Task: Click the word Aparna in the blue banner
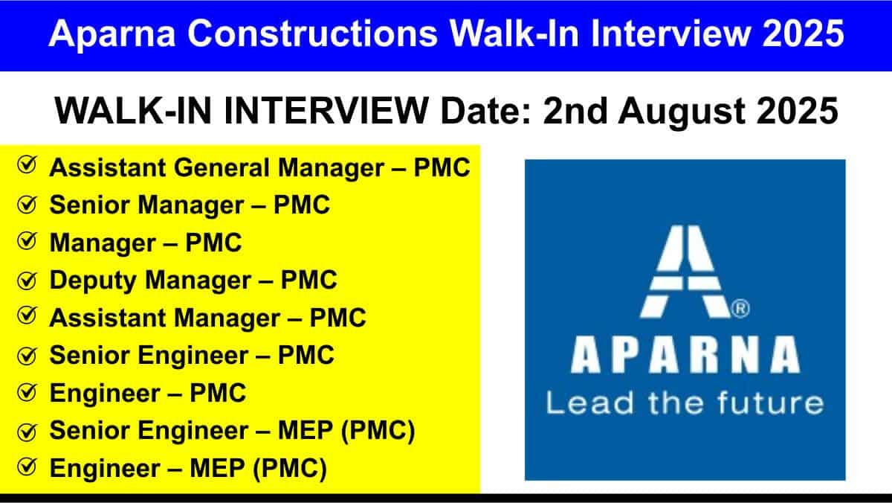112,35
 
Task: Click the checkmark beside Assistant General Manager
27,164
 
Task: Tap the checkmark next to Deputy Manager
27,281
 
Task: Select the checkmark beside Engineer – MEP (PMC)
27,467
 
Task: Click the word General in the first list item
222,167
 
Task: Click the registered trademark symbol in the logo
740,309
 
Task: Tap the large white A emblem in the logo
685,272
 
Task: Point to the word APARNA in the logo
685,355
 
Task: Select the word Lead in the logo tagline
590,403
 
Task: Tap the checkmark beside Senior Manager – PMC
27,205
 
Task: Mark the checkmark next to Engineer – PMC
27,392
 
